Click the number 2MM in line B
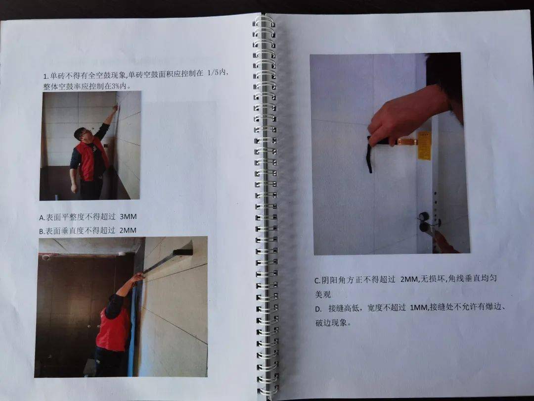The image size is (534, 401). tap(128, 230)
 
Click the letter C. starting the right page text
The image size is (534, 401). tap(318, 281)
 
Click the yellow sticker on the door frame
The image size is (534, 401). tap(424, 145)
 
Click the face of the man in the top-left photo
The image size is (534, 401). tap(82, 136)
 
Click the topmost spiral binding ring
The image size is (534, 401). tap(264, 21)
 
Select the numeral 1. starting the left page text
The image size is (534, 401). tap(45, 76)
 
